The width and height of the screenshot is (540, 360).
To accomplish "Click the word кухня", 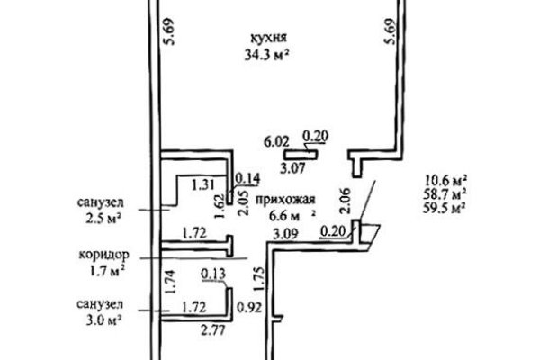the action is [268, 38].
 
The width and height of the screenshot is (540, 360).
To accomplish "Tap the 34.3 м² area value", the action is [266, 55].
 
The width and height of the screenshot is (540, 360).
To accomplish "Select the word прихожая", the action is [285, 200].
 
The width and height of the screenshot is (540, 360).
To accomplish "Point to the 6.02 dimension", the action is [276, 141].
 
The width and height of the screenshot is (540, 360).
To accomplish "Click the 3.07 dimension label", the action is [292, 168].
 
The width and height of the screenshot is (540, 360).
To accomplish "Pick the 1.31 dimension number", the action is [203, 185].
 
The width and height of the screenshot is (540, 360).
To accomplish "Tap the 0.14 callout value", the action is [247, 178].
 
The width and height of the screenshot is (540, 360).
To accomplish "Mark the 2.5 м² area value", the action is [103, 219].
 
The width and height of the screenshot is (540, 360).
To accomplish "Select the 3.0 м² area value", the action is [103, 320].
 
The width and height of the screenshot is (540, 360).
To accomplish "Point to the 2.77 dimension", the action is [213, 330].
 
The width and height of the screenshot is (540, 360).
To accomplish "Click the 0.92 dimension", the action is [249, 307].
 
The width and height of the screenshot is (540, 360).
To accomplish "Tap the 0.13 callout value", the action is [213, 274].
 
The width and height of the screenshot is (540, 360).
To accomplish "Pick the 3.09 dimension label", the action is [285, 234].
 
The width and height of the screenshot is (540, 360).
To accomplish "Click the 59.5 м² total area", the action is [445, 208].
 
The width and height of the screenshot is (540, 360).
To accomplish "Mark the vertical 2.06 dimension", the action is [345, 201].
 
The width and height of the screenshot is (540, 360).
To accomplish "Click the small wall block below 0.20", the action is [301, 155].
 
